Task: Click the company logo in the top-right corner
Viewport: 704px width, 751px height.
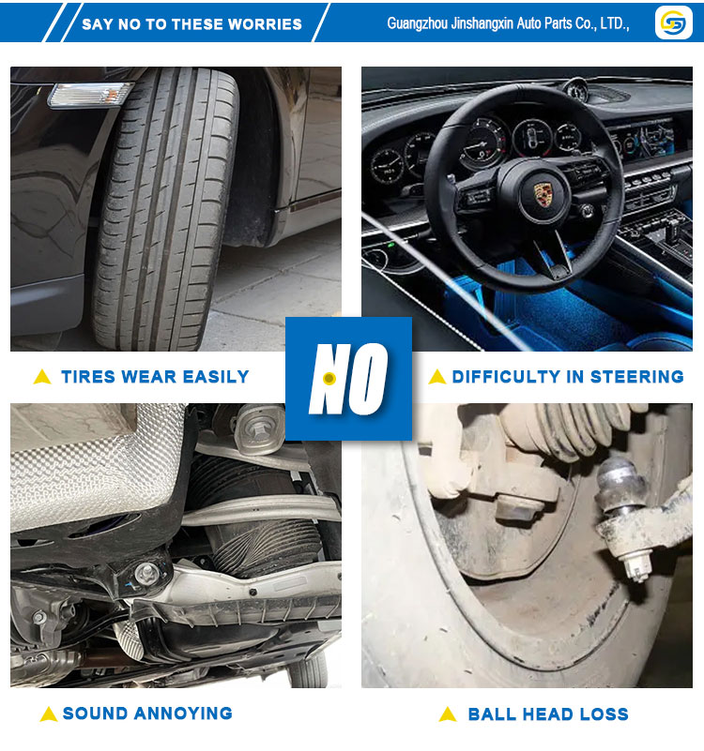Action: click(x=673, y=22)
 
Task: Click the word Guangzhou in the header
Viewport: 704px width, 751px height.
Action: click(x=417, y=23)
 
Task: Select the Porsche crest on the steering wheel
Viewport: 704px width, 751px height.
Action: click(x=542, y=194)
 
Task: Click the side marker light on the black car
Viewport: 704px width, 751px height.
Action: click(x=89, y=95)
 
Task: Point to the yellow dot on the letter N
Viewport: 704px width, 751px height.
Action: click(x=329, y=379)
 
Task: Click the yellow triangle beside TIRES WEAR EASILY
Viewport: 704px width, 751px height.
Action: click(x=42, y=377)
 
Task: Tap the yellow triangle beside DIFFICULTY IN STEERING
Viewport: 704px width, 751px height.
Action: click(x=436, y=377)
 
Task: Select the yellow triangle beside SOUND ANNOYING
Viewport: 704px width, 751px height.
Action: click(x=49, y=713)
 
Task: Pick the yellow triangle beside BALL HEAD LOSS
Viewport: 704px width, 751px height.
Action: click(x=448, y=713)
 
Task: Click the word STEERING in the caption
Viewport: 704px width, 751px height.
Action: click(x=636, y=377)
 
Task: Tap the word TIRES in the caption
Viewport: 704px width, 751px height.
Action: click(x=89, y=377)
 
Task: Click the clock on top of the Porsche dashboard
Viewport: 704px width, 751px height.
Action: click(x=575, y=89)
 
